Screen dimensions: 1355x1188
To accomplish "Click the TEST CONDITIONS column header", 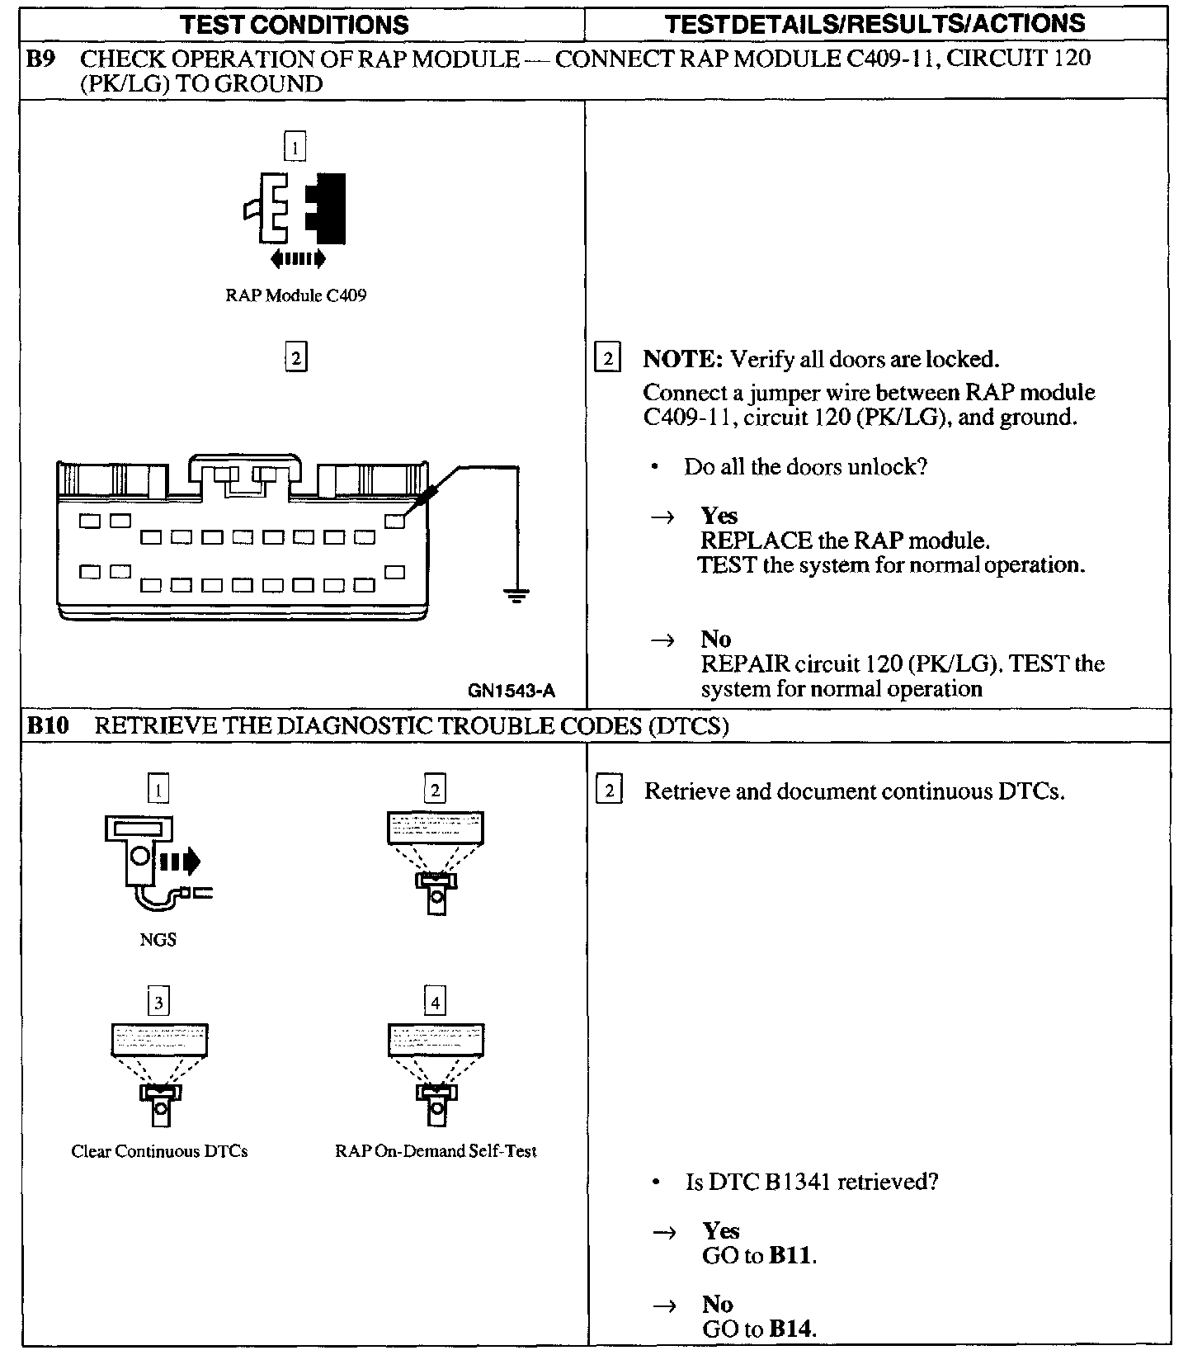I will click(x=295, y=24).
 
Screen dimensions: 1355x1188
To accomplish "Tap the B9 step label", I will click(x=41, y=59).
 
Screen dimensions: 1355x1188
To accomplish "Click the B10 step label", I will click(x=48, y=726).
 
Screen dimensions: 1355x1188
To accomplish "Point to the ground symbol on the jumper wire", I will click(x=516, y=593).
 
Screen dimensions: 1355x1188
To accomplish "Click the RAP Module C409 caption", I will click(x=295, y=295).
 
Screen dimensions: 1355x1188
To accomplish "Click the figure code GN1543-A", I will click(x=511, y=692).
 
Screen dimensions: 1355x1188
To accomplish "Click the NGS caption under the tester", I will click(x=158, y=939).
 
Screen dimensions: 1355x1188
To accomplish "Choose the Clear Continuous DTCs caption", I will click(x=159, y=1151).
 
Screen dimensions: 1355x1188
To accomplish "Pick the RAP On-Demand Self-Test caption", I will click(x=436, y=1151).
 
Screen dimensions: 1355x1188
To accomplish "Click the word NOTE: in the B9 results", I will click(x=682, y=360).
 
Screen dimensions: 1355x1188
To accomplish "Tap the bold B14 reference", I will click(x=791, y=1329).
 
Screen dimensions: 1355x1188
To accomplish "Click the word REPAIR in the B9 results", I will click(x=740, y=664).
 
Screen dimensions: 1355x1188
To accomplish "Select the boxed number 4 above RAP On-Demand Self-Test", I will click(x=435, y=1003).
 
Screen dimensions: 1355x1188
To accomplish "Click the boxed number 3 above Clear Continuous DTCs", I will click(x=158, y=1003).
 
